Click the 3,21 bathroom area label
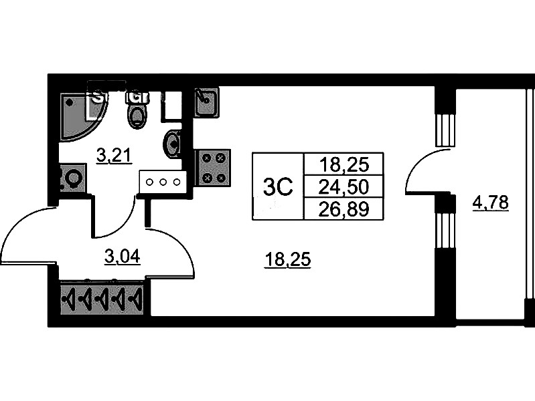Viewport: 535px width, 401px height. pos(113,157)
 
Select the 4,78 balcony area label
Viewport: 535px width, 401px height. pos(491,201)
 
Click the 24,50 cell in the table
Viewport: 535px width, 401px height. pos(343,186)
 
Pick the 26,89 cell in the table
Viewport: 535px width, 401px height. pos(343,209)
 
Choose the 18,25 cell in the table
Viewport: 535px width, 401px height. pos(343,164)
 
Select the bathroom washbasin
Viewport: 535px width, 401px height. pos(173,143)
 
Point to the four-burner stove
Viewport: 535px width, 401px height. pos(213,167)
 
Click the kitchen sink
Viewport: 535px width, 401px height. pos(206,102)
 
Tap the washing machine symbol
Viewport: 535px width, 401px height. pos(72,178)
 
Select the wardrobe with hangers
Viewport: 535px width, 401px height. pos(102,299)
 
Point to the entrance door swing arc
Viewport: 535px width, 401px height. pos(27,234)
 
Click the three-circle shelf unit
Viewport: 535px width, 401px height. pos(161,181)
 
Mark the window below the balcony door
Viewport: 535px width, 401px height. pos(445,230)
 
